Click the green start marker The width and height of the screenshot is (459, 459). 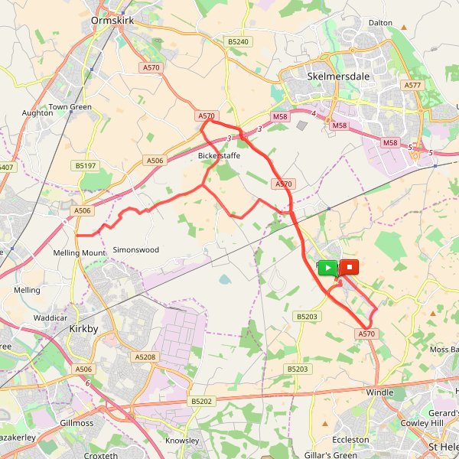[x=327, y=267]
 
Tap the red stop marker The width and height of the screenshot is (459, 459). [x=349, y=267]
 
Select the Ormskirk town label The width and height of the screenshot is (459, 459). [x=112, y=21]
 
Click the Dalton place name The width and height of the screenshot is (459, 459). [x=380, y=23]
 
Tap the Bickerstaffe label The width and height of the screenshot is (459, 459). [x=219, y=156]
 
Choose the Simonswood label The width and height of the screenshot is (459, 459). [x=135, y=250]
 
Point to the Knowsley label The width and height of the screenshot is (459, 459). [x=182, y=441]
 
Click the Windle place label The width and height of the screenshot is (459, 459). [x=379, y=392]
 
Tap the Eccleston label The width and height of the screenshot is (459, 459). [x=350, y=440]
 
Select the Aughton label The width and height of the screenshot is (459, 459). [x=37, y=112]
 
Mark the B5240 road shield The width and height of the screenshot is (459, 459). [x=238, y=41]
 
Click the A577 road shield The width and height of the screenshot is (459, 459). [x=413, y=85]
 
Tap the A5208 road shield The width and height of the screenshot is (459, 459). [x=145, y=356]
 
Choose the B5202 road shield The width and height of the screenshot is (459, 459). [x=201, y=401]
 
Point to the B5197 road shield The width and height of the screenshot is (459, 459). [x=85, y=165]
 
